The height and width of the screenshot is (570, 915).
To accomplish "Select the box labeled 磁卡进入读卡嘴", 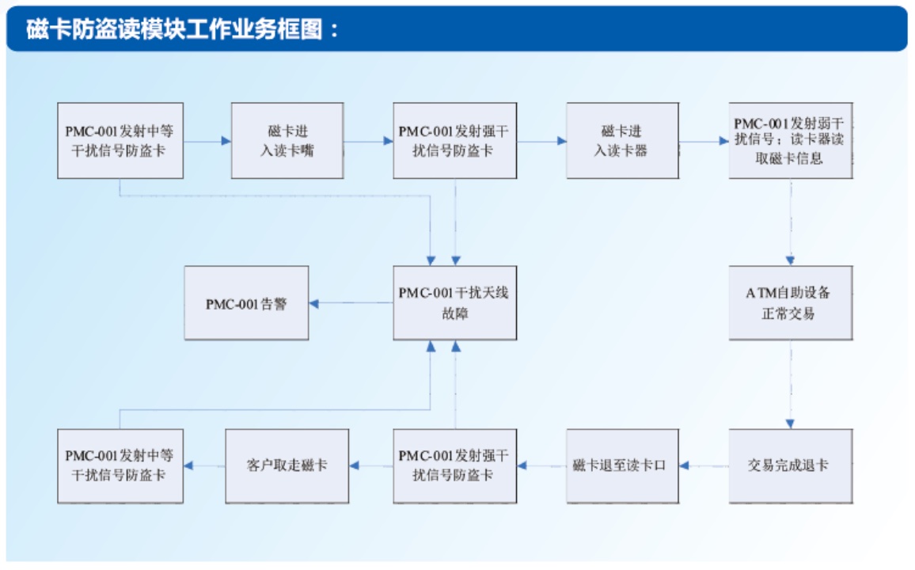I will point(287,140).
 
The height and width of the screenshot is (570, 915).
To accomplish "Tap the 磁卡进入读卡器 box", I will point(621,140).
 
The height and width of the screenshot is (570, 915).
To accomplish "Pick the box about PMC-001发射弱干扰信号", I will point(790,140).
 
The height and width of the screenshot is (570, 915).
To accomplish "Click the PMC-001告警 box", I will point(246,303).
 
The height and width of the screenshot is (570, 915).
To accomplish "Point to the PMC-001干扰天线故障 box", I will point(454,303).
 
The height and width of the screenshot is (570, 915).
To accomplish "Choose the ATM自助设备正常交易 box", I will point(790,303).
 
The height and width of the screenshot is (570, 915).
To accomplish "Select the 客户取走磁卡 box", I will point(287,465).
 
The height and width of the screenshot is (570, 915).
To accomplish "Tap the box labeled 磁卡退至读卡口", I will point(621,465).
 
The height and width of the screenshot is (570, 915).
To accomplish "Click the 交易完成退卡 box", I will point(790,465).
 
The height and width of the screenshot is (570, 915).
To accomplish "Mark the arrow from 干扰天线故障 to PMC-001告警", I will point(351,303).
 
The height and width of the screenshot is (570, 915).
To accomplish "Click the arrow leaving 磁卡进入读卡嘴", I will point(368,141).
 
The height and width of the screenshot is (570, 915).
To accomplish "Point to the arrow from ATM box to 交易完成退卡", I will point(790,385).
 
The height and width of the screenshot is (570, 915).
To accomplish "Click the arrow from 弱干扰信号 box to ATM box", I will point(790,222).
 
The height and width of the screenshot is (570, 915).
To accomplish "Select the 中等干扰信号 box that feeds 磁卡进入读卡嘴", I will point(120,140).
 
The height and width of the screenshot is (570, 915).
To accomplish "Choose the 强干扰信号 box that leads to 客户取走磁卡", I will point(454,465).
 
